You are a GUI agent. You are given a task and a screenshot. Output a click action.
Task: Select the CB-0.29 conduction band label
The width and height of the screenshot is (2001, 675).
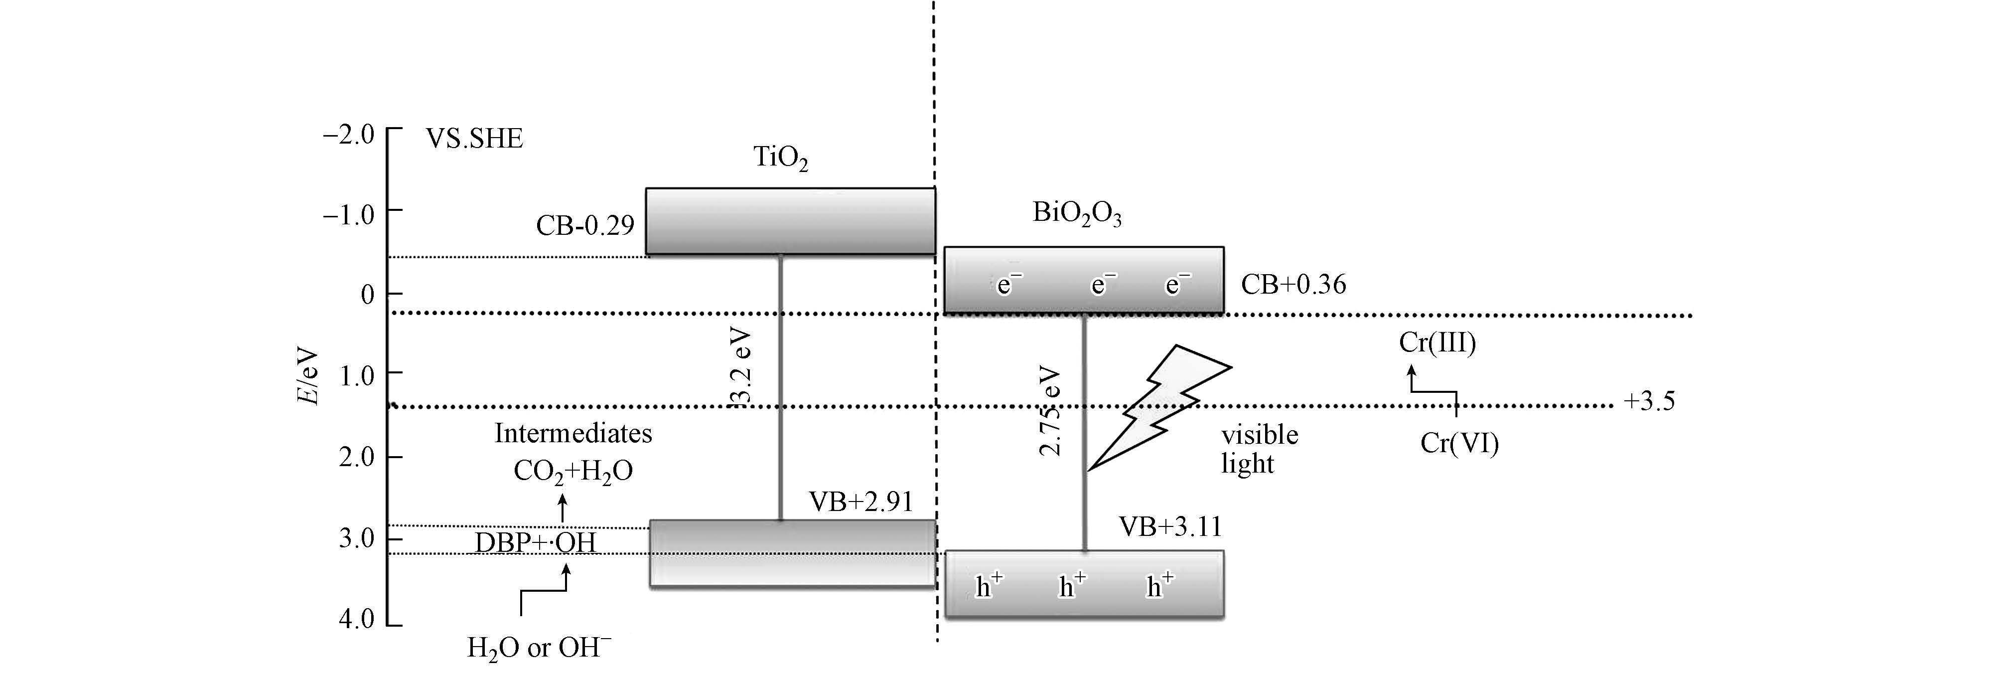point(585,225)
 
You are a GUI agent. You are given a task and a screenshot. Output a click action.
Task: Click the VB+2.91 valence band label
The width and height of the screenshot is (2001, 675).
point(860,503)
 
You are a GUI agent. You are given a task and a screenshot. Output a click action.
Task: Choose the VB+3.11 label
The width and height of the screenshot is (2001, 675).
point(1170,527)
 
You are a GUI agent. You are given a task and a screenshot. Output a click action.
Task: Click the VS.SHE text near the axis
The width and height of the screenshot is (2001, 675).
point(474,139)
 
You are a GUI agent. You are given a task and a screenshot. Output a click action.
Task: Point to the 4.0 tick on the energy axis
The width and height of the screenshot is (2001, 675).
point(357,620)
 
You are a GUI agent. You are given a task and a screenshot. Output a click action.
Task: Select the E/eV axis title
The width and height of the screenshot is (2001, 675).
point(307,376)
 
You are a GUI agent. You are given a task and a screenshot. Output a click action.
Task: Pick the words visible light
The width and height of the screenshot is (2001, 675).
point(1259,449)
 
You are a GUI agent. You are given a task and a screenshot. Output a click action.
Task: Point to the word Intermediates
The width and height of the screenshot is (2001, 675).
point(573,433)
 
